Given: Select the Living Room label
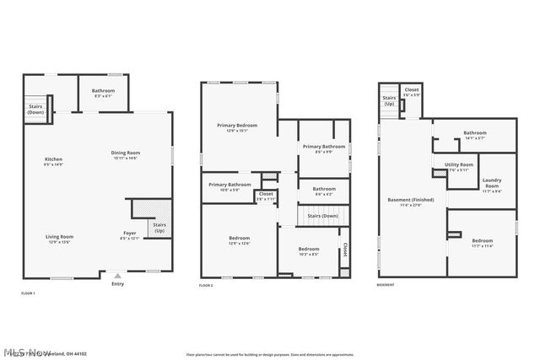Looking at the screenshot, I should click(59, 239).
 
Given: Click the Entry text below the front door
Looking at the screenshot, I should click(117, 283).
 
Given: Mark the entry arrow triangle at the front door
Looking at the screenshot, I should click(117, 275).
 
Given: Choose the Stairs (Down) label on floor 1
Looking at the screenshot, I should click(35, 109).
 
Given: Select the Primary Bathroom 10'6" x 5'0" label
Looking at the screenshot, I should click(229, 186).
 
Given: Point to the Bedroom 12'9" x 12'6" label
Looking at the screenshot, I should click(239, 240).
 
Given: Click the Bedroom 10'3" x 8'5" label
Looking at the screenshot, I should click(308, 250).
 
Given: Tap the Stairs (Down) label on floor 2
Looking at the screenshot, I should click(323, 216).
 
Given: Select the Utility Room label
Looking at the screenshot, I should click(459, 166).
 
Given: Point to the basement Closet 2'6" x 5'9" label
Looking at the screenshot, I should click(412, 92).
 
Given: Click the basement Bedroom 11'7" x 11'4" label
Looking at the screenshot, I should click(482, 243).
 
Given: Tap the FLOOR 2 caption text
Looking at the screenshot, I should click(206, 287).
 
